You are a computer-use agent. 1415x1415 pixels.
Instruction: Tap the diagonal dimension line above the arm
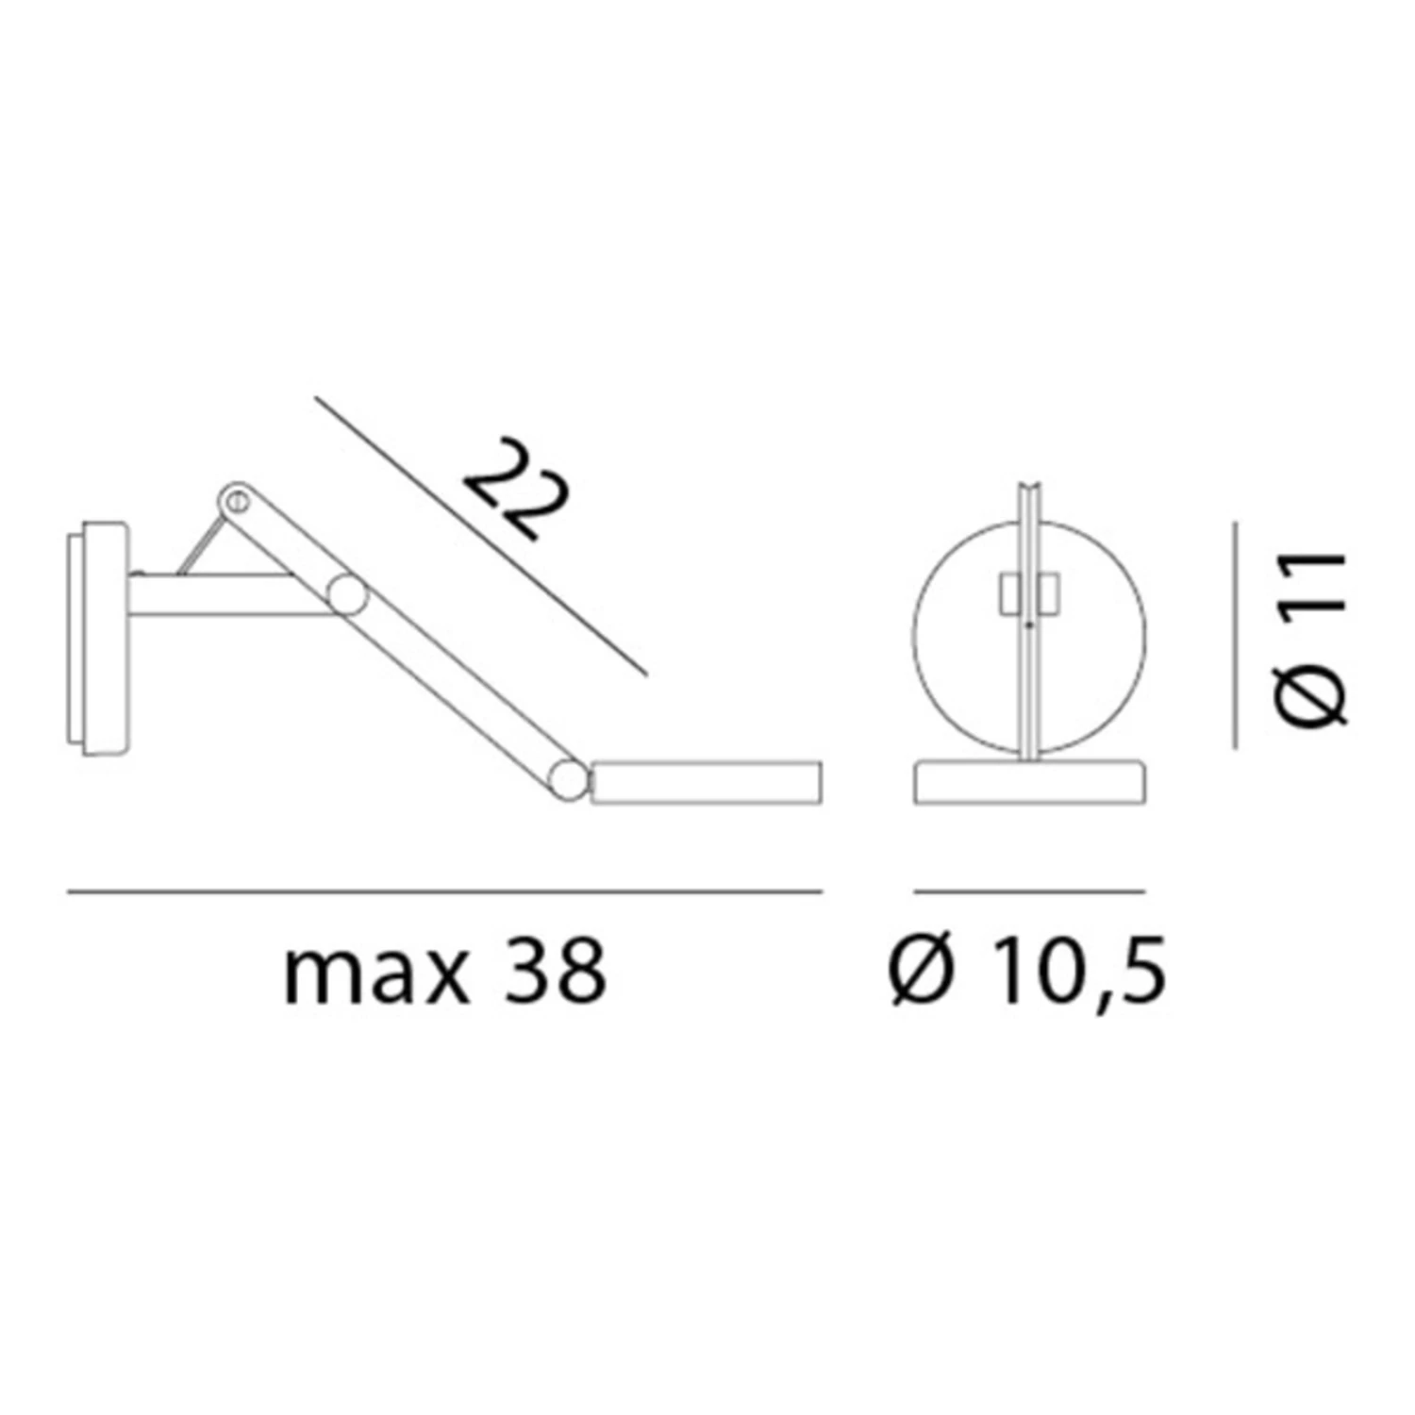coord(481,536)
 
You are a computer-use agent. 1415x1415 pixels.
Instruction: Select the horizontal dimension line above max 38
coord(444,891)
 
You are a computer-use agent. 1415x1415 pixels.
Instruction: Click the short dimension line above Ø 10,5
coord(1030,891)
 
